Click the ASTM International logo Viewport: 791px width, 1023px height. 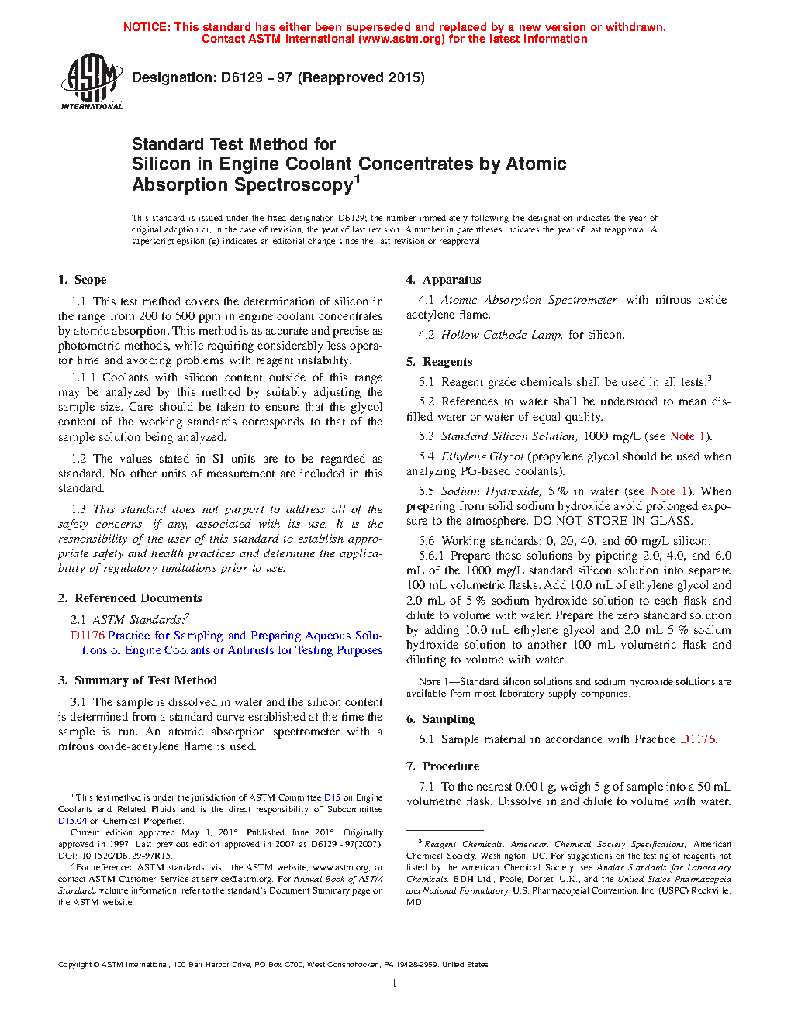coord(92,81)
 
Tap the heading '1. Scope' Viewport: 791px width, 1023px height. coord(82,280)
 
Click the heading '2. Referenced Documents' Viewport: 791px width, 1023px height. coord(130,598)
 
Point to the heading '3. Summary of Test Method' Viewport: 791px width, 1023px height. coord(137,680)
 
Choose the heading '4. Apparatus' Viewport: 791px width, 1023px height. coord(444,280)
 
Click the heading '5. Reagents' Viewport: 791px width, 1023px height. coord(439,362)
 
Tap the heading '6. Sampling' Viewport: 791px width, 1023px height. coord(440,719)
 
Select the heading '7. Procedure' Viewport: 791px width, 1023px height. coord(443,766)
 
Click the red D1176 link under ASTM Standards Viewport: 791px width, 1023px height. coord(88,635)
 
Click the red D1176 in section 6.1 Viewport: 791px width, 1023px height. coord(697,739)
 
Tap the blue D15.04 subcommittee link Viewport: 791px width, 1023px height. coord(72,821)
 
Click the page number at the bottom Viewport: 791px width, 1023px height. coord(395,983)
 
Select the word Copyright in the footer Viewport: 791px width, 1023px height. coord(74,965)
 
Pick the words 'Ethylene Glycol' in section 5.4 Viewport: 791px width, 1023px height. coord(482,456)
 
